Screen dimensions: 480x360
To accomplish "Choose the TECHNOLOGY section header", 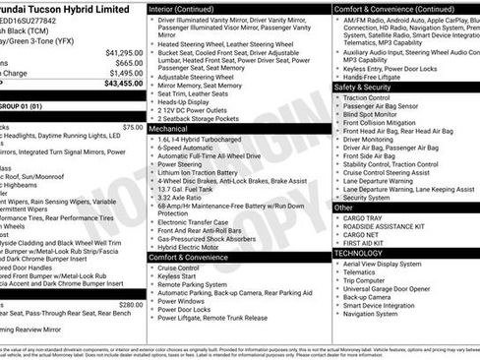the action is [x=358, y=253].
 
